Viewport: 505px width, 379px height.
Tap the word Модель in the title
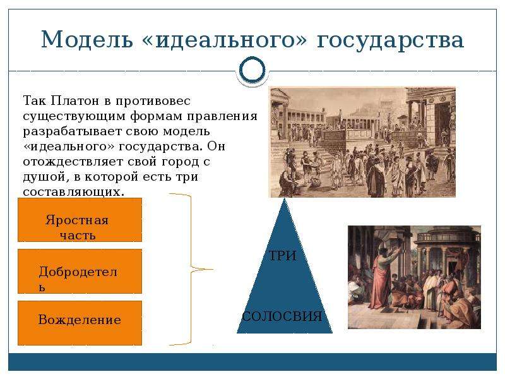(x=87, y=39)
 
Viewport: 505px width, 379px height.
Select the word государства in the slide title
(x=390, y=40)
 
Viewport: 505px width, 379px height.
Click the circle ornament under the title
(x=252, y=70)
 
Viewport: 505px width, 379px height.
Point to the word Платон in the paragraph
(x=75, y=100)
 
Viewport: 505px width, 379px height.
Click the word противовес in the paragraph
(x=153, y=101)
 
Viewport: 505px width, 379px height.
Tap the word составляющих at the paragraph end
(x=73, y=192)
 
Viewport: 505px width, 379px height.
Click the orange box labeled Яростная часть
(x=80, y=220)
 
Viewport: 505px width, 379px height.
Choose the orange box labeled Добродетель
(x=80, y=272)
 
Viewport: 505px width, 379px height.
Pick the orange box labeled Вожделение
(x=80, y=323)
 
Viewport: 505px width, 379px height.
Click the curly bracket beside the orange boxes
(x=191, y=270)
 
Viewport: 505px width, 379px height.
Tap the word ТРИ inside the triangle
(x=283, y=256)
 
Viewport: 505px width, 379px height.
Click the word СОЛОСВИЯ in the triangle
(x=282, y=316)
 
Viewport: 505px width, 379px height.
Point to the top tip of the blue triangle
(x=285, y=198)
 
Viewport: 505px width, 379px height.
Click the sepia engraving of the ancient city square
(x=362, y=141)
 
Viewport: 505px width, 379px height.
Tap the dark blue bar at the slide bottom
(x=252, y=361)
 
